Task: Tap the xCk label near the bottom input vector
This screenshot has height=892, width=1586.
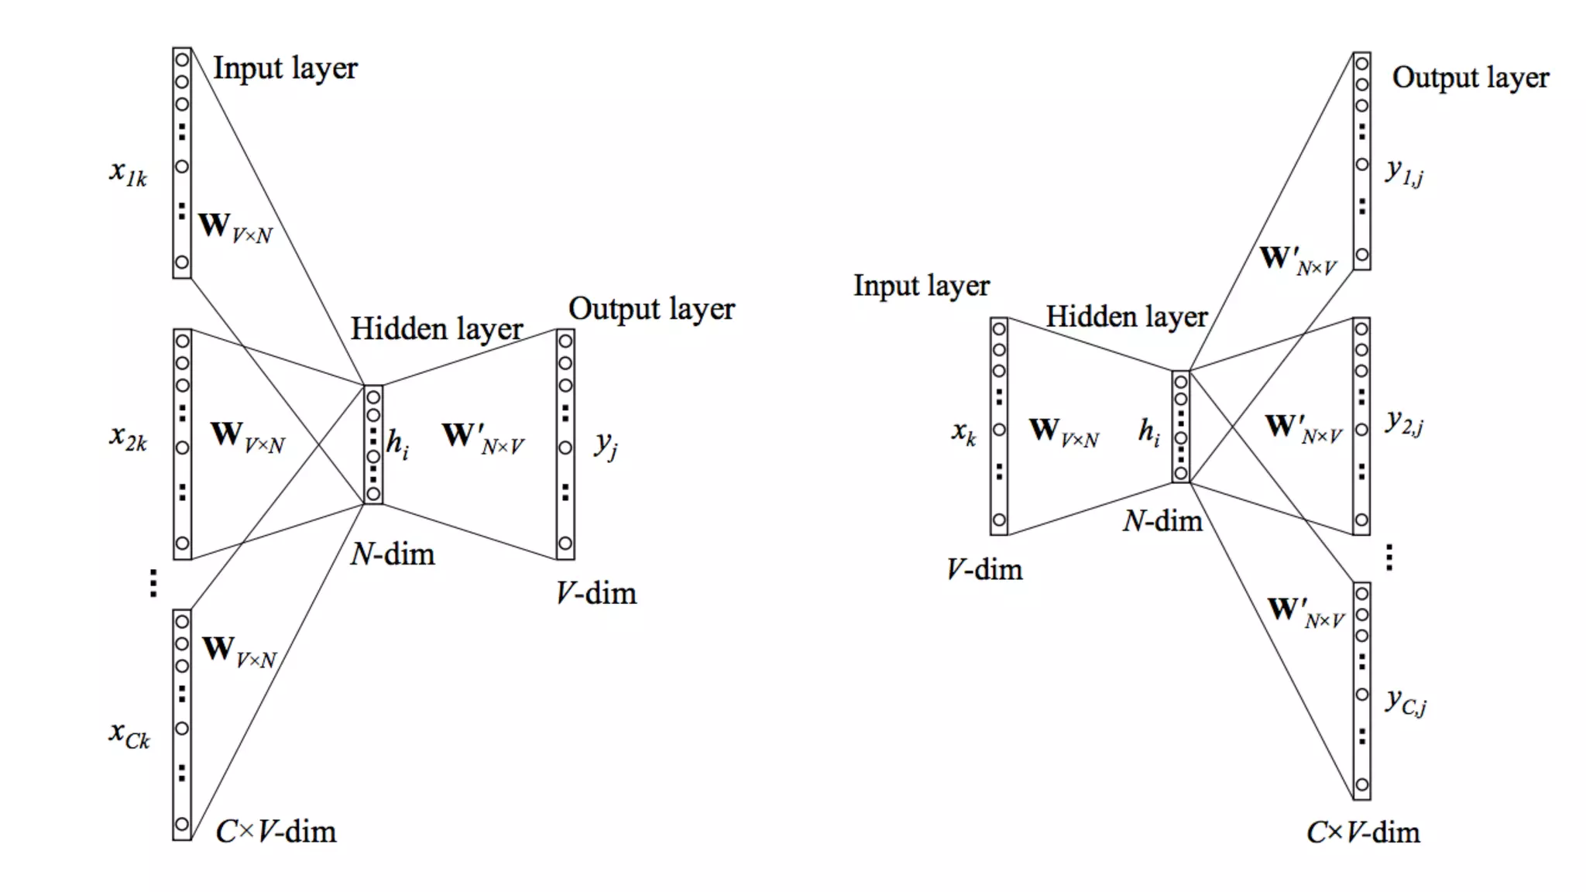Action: click(129, 734)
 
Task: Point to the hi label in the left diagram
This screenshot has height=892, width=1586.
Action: click(397, 444)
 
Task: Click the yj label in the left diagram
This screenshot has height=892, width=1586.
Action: click(606, 444)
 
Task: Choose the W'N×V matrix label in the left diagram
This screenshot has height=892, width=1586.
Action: click(483, 438)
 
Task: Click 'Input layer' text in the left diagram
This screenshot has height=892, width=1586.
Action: click(285, 69)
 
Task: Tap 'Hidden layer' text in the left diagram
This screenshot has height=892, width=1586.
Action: click(437, 329)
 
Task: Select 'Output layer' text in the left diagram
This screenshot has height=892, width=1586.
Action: click(651, 309)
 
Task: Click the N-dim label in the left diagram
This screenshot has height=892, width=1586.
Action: click(393, 554)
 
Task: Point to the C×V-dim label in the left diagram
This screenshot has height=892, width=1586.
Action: click(276, 832)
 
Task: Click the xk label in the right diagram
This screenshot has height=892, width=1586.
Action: click(964, 432)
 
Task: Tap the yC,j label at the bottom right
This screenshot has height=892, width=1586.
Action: click(1406, 702)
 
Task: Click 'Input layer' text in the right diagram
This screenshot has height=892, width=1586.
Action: click(922, 286)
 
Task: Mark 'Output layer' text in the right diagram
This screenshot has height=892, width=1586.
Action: click(1471, 78)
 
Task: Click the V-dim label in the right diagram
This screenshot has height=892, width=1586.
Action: click(984, 570)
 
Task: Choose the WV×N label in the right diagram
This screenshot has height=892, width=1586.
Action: click(1064, 432)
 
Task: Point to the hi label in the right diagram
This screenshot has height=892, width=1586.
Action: click(1149, 432)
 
